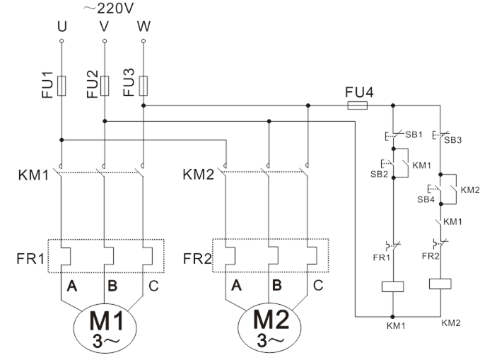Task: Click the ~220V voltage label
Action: point(107,10)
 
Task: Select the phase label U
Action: point(61,27)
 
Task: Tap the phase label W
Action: point(144,27)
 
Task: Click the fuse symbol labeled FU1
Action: point(62,86)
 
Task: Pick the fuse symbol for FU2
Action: point(105,86)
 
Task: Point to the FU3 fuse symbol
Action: point(144,86)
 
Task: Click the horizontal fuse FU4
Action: point(357,105)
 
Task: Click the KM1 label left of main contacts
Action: point(33,174)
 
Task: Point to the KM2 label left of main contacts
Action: point(198,174)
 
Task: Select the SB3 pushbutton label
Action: point(452,139)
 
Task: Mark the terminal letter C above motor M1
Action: point(153,286)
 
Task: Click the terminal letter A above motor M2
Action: point(237,286)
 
